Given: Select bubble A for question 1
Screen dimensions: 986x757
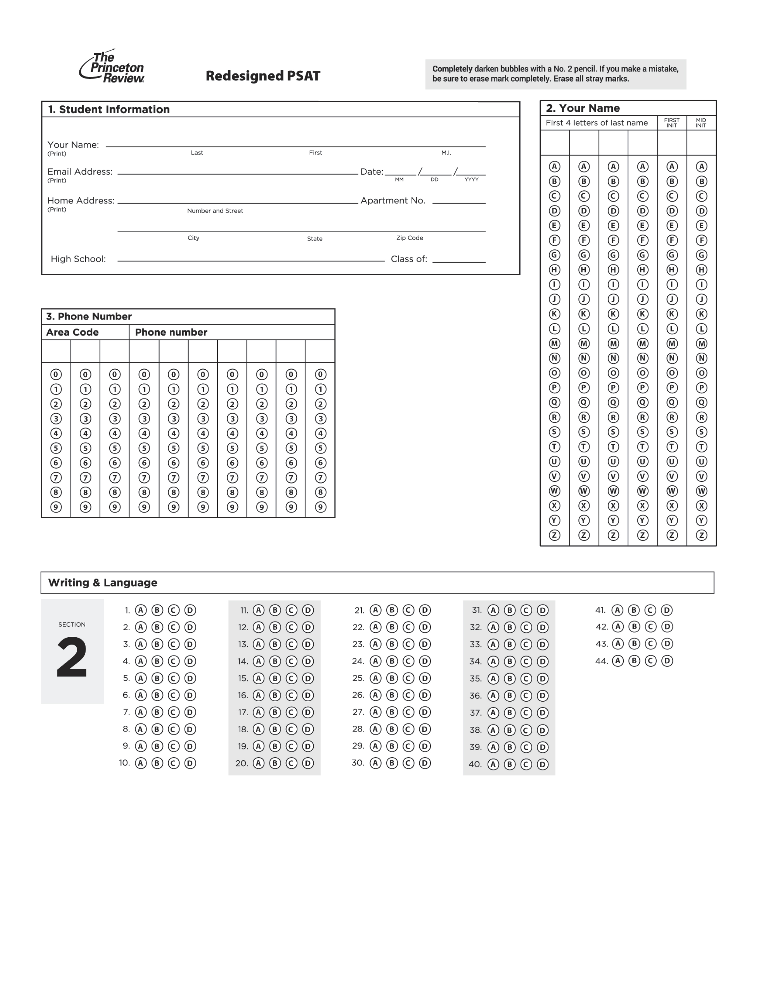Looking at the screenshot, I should pyautogui.click(x=141, y=610).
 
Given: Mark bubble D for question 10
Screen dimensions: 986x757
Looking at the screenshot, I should pyautogui.click(x=190, y=763).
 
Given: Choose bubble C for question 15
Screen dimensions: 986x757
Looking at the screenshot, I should pyautogui.click(x=291, y=678).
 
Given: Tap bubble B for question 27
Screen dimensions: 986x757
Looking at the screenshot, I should pyautogui.click(x=392, y=712).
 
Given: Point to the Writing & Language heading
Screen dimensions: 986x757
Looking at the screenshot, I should pyautogui.click(x=103, y=583).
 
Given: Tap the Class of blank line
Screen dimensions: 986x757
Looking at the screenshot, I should pyautogui.click(x=459, y=261).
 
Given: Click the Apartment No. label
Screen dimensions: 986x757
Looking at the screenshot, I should pyautogui.click(x=392, y=201).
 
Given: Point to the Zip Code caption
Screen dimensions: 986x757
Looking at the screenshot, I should pyautogui.click(x=409, y=238).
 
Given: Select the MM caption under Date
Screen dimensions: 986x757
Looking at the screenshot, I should pyautogui.click(x=399, y=179).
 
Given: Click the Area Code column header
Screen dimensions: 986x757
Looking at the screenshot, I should pyautogui.click(x=72, y=332).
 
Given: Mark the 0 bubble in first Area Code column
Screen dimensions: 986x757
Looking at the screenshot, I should pyautogui.click(x=56, y=374).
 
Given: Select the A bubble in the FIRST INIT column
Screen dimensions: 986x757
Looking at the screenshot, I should pyautogui.click(x=672, y=166).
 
